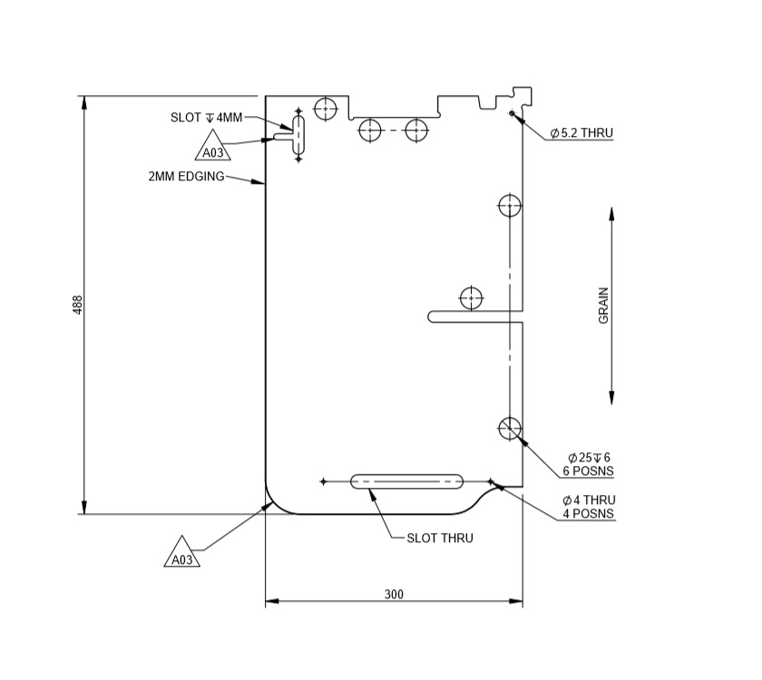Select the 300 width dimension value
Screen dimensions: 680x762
pos(394,595)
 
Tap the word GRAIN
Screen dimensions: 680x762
pos(603,306)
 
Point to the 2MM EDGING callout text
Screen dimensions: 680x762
pos(186,177)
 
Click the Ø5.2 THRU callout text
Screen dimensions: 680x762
pos(581,133)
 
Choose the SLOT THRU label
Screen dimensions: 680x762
pos(439,538)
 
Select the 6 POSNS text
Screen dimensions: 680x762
pos(588,471)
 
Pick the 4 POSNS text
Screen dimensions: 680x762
pos(588,514)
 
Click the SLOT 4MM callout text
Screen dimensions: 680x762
pos(207,118)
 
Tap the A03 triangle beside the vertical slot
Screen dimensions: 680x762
pos(213,151)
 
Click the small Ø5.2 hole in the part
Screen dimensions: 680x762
pos(512,113)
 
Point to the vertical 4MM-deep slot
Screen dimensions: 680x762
pos(298,134)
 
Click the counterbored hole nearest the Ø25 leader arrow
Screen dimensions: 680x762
pos(510,428)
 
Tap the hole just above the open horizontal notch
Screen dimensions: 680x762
pos(471,297)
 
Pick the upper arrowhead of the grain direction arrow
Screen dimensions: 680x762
pos(611,215)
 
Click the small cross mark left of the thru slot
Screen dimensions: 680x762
pos(323,481)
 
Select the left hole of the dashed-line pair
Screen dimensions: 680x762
pos(369,131)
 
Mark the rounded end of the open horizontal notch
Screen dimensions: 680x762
pos(434,316)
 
